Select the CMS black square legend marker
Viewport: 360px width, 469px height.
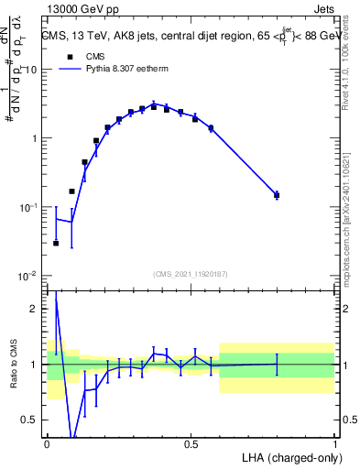[69, 55]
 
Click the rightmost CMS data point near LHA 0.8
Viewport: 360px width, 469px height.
[277, 194]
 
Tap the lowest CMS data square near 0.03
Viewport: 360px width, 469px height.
[56, 243]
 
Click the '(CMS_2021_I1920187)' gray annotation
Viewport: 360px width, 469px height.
[191, 273]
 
